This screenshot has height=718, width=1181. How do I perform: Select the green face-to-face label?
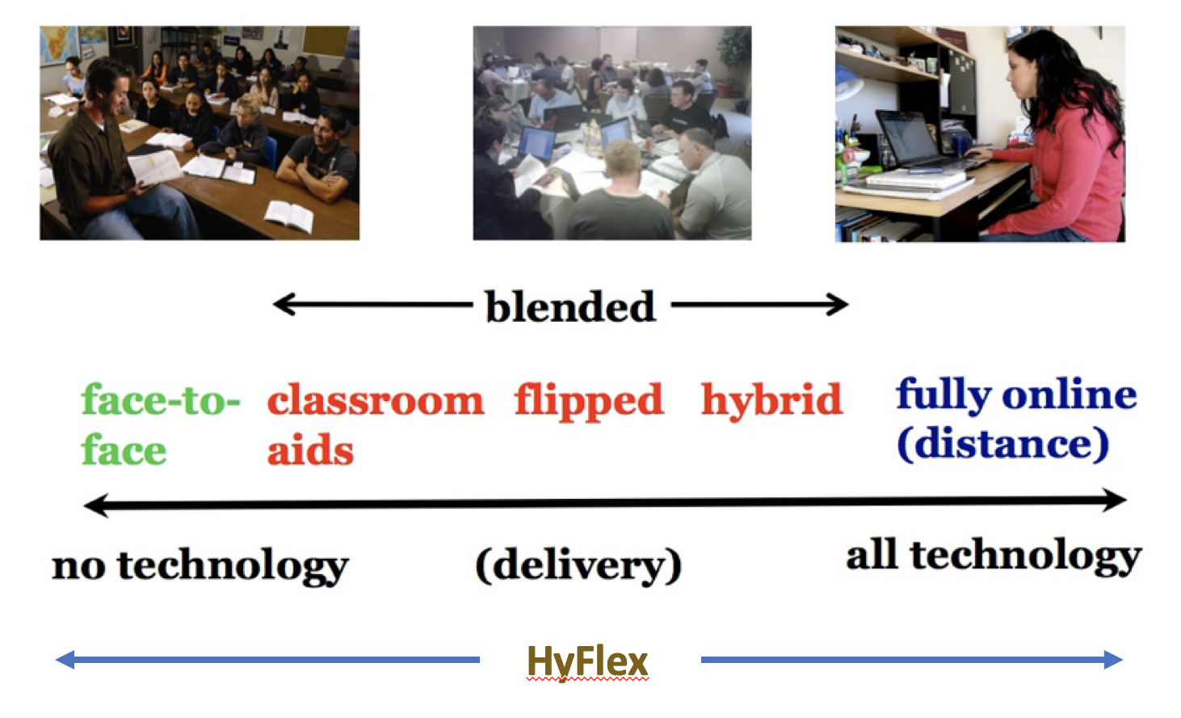[161, 424]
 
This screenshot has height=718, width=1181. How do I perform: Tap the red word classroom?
[376, 400]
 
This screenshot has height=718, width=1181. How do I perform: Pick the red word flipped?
[589, 402]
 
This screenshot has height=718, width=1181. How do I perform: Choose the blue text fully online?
[1016, 395]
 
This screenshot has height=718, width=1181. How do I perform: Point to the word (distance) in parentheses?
[1002, 444]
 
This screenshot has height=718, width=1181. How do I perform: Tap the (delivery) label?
[578, 565]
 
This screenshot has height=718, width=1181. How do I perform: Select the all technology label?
[994, 556]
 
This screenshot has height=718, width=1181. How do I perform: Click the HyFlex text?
[587, 661]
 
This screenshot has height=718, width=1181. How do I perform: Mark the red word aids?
[310, 450]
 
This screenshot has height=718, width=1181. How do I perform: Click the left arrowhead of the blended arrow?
[283, 304]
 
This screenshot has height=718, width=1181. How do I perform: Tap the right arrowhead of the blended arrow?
[838, 304]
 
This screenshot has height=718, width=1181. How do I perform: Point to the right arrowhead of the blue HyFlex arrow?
[1113, 660]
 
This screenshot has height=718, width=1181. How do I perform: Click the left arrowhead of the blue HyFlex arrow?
[65, 660]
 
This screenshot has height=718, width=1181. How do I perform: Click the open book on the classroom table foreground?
[289, 217]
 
